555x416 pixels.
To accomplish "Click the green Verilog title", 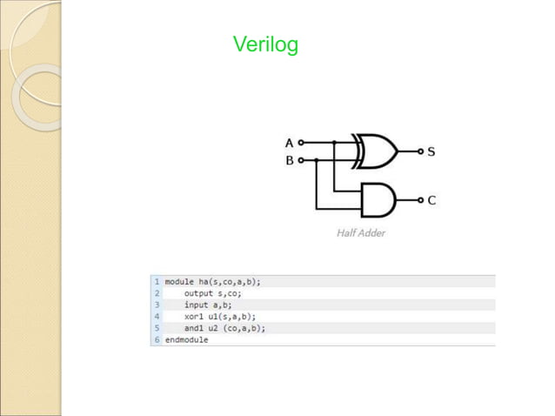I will [x=265, y=44].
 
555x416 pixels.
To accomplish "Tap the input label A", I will [x=290, y=142].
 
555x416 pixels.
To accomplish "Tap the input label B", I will [x=290, y=160].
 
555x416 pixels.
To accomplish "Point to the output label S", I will [x=431, y=151].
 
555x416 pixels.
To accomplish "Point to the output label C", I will [x=431, y=200].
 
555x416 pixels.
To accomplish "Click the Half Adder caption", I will [x=361, y=233].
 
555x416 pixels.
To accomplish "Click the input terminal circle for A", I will [x=301, y=142].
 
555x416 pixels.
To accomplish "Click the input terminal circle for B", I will [x=301, y=160].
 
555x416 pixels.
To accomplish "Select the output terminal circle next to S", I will [x=420, y=151].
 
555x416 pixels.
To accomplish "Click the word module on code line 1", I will [x=180, y=282].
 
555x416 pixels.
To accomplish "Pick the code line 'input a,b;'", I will [x=207, y=305].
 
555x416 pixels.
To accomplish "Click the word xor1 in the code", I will [x=194, y=317].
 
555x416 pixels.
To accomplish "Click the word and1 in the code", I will [x=194, y=328].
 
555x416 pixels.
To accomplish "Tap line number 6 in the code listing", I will [x=157, y=339].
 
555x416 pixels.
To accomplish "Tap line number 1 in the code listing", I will [x=157, y=282].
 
